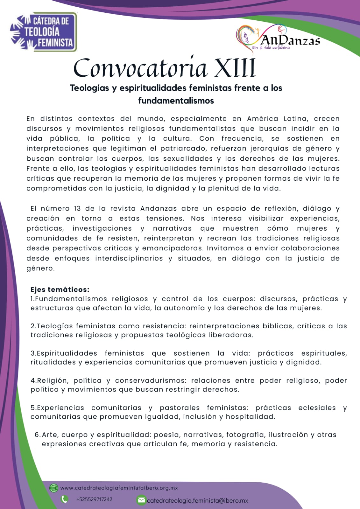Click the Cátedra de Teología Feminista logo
coord(44,32)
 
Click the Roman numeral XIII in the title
coord(235,68)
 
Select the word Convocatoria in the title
coord(140,68)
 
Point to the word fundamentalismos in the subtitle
coord(176,101)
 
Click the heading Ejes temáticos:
coord(60,289)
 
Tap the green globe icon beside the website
coord(54,488)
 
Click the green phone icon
coord(65,499)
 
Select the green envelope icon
coord(141,500)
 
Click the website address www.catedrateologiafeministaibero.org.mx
coord(119,488)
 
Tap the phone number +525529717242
coord(94,499)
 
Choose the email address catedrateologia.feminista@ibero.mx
coord(197,500)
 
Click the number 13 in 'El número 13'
coord(77,209)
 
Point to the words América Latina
coord(277,119)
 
